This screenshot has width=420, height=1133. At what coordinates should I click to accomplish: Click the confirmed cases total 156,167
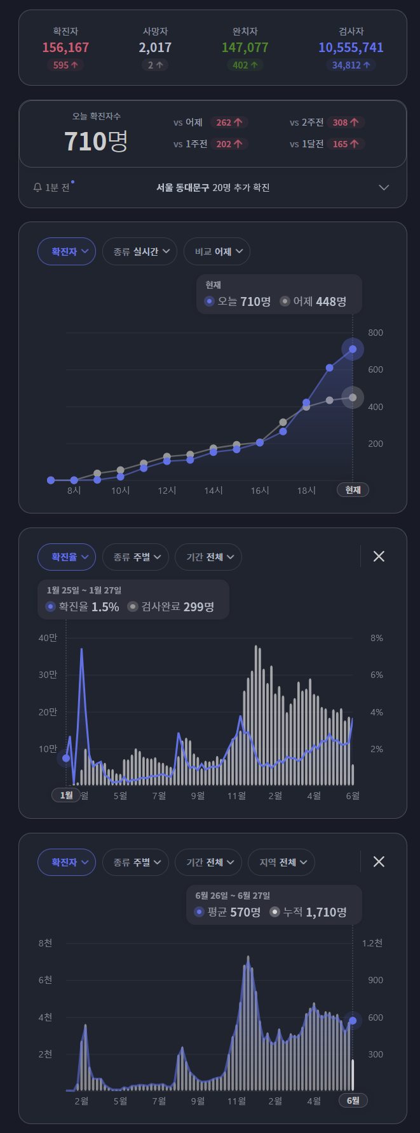coord(65,48)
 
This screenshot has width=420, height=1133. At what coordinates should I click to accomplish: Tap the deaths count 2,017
coord(155,48)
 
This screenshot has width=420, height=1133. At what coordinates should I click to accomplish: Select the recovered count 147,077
coord(245,48)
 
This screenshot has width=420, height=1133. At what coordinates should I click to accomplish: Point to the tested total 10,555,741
coord(351,48)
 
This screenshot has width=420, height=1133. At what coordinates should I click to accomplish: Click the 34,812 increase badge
coord(351,65)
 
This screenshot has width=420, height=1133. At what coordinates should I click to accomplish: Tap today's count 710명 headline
coord(96,141)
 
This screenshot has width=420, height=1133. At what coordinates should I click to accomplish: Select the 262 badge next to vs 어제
coord(229,123)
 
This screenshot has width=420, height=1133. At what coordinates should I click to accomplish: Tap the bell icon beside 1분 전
coord(37,187)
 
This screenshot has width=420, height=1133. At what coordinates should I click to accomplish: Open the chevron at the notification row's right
coord(384,187)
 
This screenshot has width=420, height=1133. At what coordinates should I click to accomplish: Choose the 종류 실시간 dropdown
coord(140,251)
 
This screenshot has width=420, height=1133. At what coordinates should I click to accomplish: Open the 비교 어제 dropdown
coord(217,251)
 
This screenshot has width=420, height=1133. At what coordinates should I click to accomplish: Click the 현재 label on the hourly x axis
coord(353,490)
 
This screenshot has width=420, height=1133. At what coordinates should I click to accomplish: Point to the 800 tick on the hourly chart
coord(375,333)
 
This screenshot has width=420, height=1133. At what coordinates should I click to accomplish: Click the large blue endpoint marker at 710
coord(353,348)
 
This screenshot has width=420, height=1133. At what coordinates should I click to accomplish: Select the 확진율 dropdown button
coord(67,557)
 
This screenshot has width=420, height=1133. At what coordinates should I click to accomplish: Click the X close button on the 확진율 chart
coord(379,557)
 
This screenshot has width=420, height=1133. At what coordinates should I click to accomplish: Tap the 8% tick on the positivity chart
coord(377,638)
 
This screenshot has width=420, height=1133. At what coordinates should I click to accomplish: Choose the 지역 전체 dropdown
coord(281,862)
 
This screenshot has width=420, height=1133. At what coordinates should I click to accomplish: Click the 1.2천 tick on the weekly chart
coord(372,943)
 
